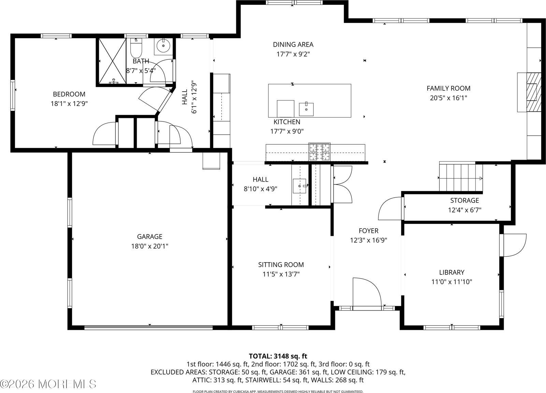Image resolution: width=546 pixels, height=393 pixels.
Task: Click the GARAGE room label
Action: (149, 236)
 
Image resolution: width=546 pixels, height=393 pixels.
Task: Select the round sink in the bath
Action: (163, 46)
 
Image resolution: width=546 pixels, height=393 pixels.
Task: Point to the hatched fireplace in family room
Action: (533, 92)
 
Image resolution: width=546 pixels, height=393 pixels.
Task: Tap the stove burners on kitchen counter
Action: (319, 152)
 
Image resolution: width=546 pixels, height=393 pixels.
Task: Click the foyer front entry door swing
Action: (367, 292)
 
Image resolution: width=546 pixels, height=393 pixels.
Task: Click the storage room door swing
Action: (390, 209)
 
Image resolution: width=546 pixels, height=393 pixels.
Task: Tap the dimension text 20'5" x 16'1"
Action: (448, 98)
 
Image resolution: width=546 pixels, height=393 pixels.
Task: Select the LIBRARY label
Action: (451, 272)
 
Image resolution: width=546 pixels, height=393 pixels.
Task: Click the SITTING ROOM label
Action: (281, 264)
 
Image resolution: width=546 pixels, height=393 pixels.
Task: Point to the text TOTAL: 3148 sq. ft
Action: (278, 357)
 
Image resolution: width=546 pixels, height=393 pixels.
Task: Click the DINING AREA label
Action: (293, 44)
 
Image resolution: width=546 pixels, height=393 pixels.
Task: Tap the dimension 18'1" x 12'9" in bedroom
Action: (69, 104)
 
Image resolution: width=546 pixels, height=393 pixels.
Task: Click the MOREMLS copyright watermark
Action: (48, 384)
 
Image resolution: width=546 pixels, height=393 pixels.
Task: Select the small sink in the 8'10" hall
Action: (300, 186)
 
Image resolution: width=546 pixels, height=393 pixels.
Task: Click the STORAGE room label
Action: (464, 200)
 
